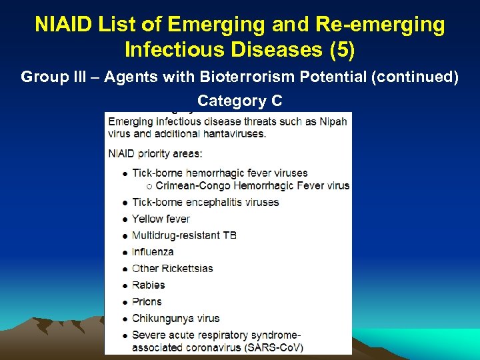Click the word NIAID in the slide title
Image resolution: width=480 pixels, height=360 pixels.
(x=65, y=25)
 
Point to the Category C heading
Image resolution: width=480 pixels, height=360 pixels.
(x=239, y=101)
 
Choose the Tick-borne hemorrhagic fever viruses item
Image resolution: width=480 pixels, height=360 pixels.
(x=219, y=173)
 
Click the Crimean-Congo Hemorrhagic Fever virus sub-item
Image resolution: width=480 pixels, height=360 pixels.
(x=252, y=185)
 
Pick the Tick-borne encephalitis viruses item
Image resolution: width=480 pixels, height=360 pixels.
(x=205, y=202)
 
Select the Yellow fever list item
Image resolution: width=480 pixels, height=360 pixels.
(x=161, y=219)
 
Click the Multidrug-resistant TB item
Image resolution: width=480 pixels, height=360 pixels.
(x=184, y=235)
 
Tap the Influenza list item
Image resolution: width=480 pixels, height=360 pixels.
(x=153, y=252)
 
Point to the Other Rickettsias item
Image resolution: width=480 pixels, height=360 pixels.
(x=172, y=269)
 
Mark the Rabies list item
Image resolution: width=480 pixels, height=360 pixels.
(x=148, y=285)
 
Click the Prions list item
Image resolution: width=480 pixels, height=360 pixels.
(x=147, y=301)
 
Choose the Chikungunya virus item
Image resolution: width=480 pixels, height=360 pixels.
(x=175, y=318)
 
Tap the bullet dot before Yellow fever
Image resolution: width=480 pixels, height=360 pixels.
(x=125, y=219)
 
